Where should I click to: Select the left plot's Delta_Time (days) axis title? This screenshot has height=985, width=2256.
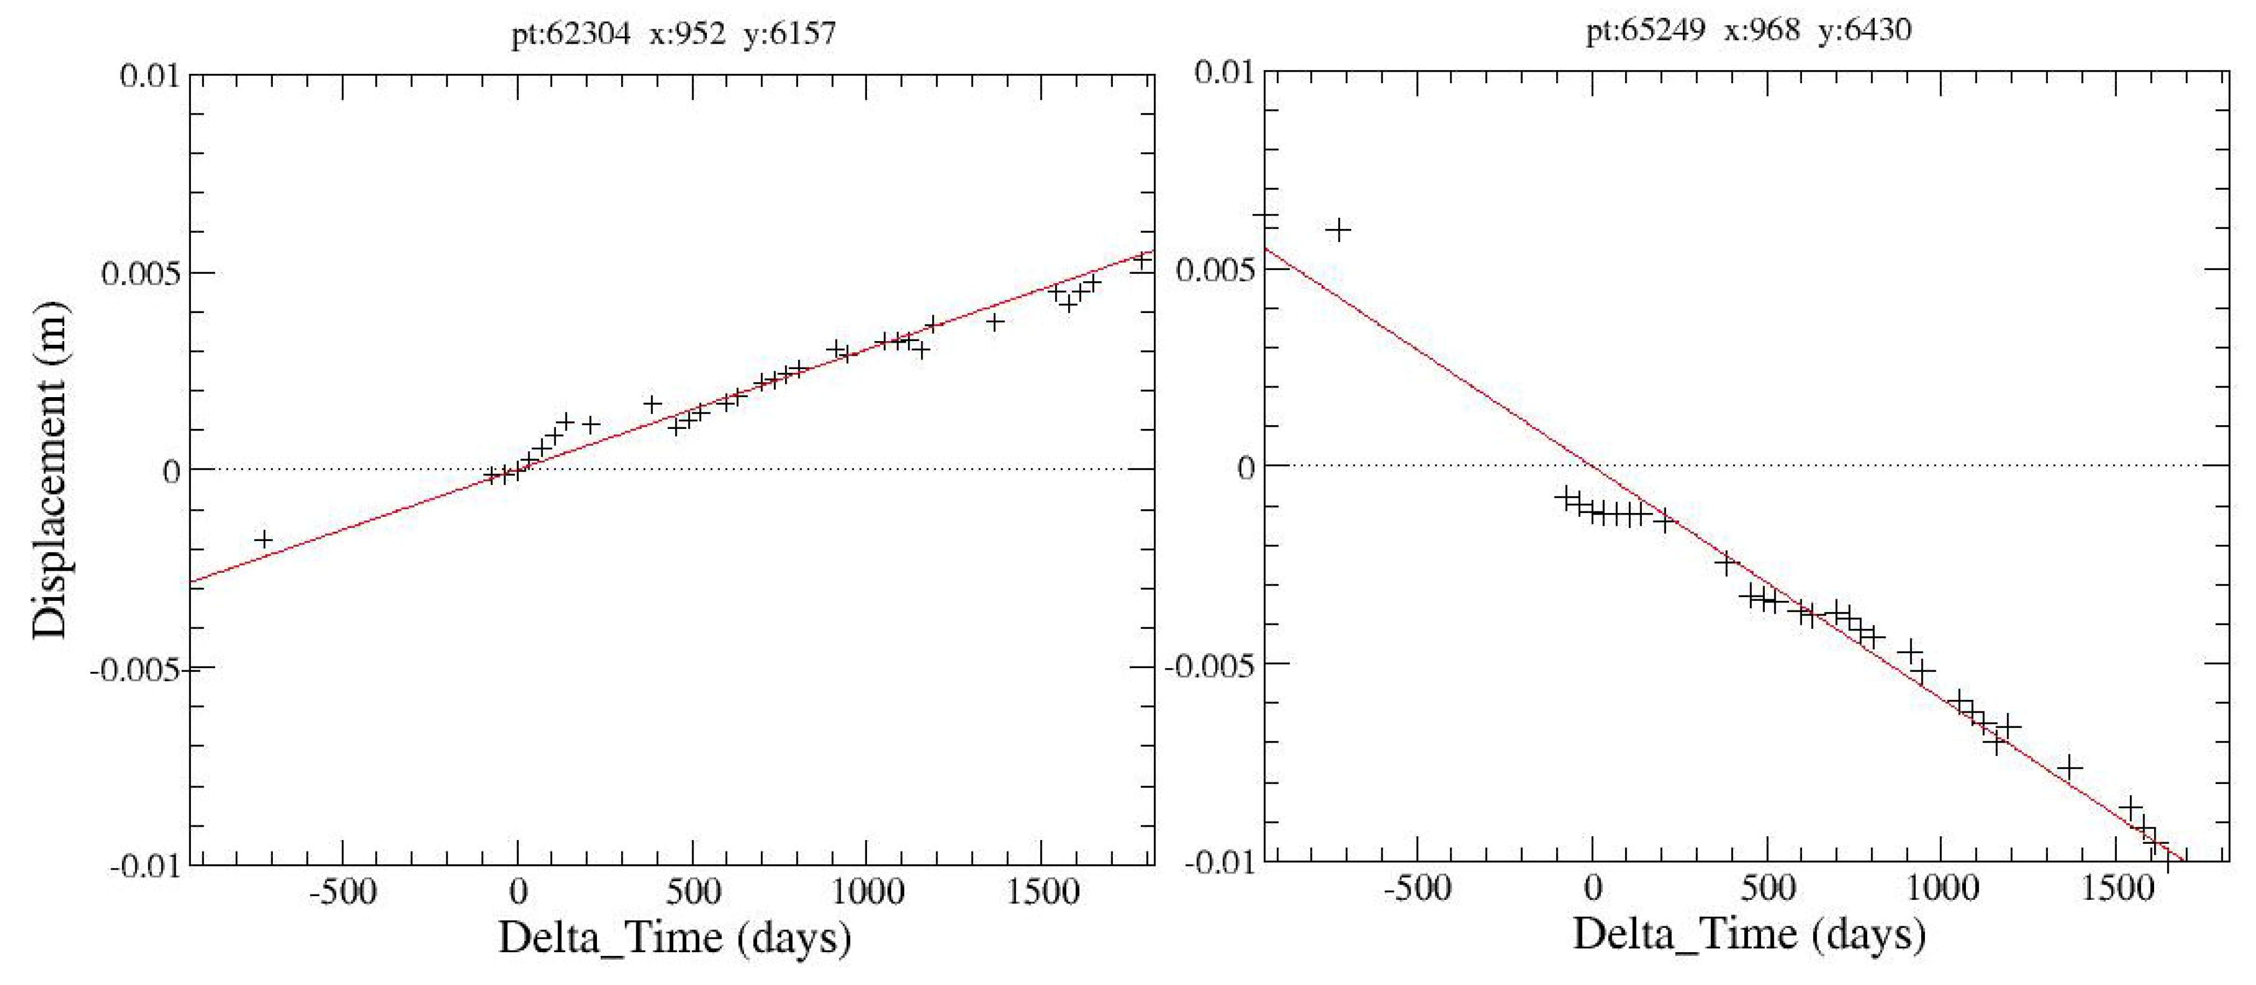(x=675, y=937)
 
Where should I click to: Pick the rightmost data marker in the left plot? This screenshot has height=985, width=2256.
(x=1142, y=260)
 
